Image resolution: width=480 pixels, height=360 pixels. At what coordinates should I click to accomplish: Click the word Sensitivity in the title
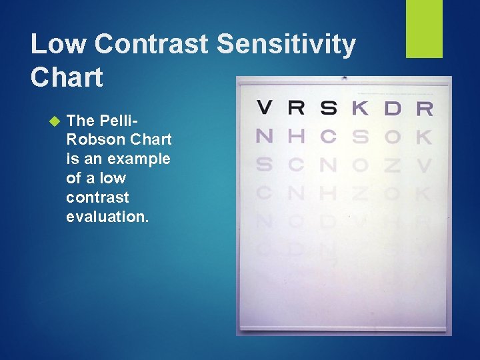tap(287, 45)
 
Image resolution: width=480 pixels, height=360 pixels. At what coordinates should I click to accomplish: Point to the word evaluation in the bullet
tap(107, 217)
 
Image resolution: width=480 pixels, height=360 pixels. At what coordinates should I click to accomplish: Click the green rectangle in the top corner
tap(425, 29)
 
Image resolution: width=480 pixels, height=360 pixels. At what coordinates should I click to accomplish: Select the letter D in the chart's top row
tap(393, 107)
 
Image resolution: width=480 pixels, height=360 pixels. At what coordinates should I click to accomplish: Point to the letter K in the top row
tap(360, 107)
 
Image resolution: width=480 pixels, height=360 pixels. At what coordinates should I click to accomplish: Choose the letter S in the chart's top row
tap(328, 107)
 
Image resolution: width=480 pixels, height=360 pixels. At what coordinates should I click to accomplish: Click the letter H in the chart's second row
tap(297, 136)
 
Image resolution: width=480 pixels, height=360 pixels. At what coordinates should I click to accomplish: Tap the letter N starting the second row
tap(265, 136)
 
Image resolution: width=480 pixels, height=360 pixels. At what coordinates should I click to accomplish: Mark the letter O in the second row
tap(393, 137)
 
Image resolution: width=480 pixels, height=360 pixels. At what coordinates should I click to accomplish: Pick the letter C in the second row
tap(328, 136)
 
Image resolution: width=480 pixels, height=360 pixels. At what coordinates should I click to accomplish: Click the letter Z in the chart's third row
tap(393, 165)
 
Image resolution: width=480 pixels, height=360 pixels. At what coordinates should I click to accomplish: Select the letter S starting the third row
tap(265, 165)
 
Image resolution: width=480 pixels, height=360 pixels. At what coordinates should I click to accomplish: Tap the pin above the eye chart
tap(344, 77)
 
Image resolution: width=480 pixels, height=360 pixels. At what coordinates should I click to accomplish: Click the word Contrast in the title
tap(151, 45)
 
